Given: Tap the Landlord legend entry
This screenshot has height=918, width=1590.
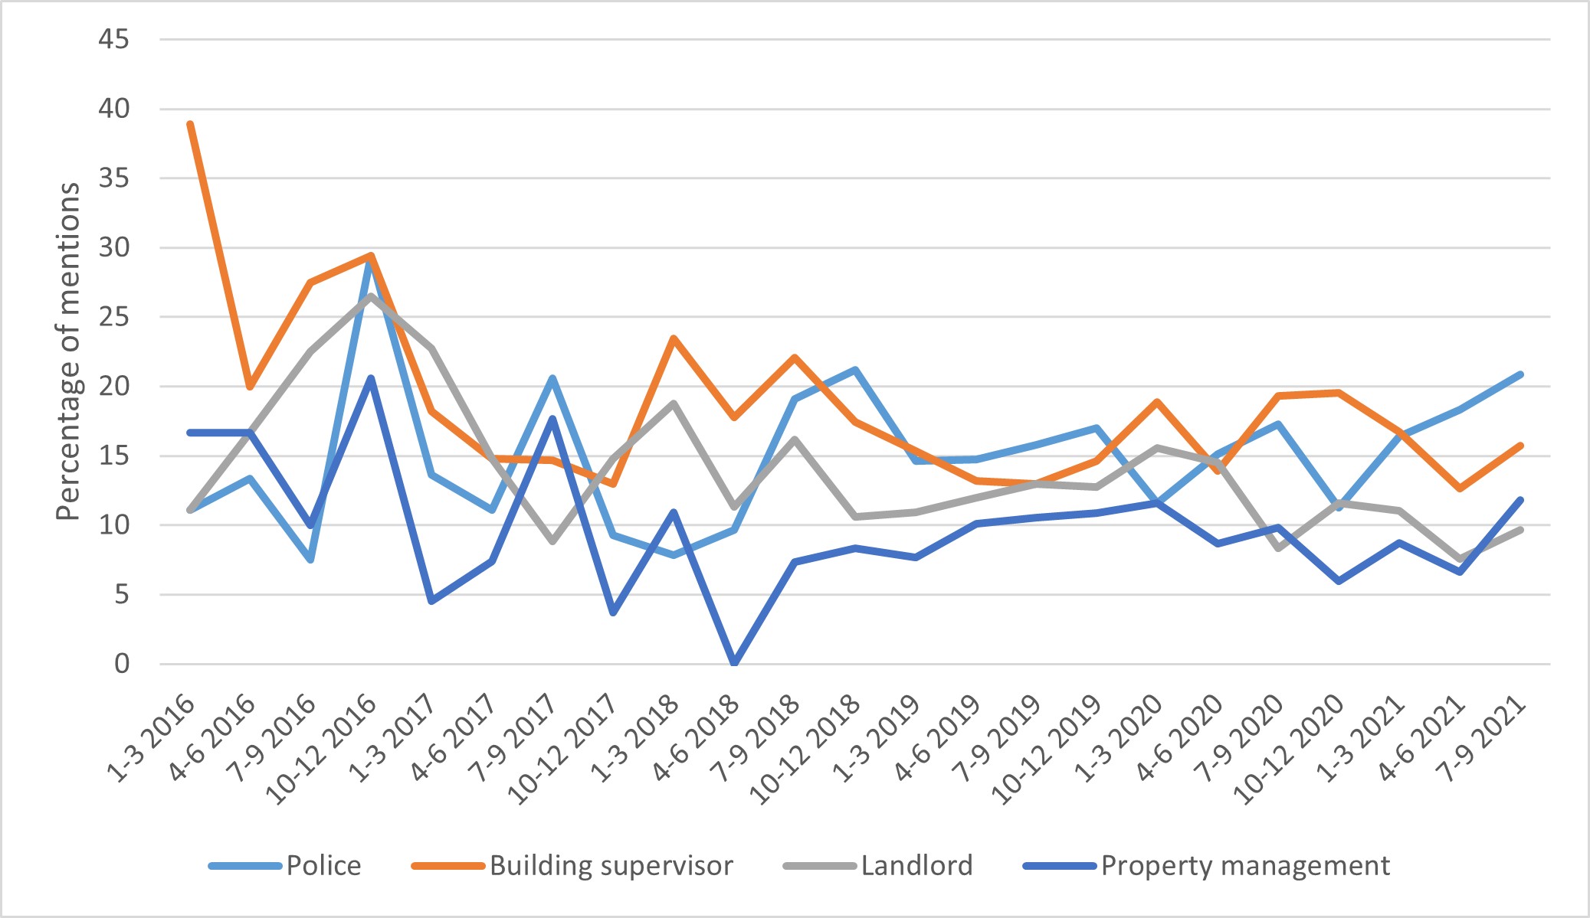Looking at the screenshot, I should (x=916, y=866).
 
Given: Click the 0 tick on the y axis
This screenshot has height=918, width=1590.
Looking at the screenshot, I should (x=122, y=664).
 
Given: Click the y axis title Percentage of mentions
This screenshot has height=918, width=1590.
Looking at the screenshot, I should (x=69, y=351).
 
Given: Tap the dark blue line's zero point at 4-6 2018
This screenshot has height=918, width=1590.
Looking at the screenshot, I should (x=734, y=662).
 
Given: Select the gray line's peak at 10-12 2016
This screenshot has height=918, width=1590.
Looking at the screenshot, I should (x=371, y=296).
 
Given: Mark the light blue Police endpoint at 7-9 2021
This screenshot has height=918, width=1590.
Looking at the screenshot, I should (x=1520, y=374).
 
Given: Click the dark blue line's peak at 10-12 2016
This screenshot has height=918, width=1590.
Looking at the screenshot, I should (x=371, y=378).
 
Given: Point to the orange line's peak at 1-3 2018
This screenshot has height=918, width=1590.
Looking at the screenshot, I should (x=674, y=338).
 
